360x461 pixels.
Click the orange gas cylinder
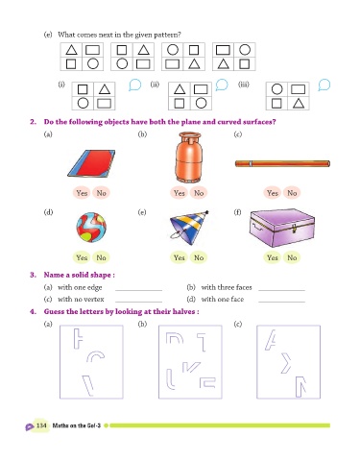[188, 158]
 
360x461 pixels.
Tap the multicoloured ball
[91, 228]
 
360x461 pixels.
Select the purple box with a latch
[281, 228]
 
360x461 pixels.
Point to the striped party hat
[189, 228]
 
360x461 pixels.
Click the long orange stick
[282, 163]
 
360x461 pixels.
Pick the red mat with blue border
[91, 163]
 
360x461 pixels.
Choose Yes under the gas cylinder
[180, 193]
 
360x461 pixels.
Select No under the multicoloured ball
[101, 257]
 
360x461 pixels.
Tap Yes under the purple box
[273, 257]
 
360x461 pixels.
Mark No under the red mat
[101, 193]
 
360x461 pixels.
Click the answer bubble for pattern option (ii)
[222, 85]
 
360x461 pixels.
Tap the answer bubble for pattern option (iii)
[324, 85]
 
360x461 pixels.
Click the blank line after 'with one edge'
[138, 290]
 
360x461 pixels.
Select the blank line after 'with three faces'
[281, 290]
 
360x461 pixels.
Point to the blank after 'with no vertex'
[138, 302]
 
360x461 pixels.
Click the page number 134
[41, 425]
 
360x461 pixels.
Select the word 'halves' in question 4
[182, 311]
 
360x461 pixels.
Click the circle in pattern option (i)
[83, 103]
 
